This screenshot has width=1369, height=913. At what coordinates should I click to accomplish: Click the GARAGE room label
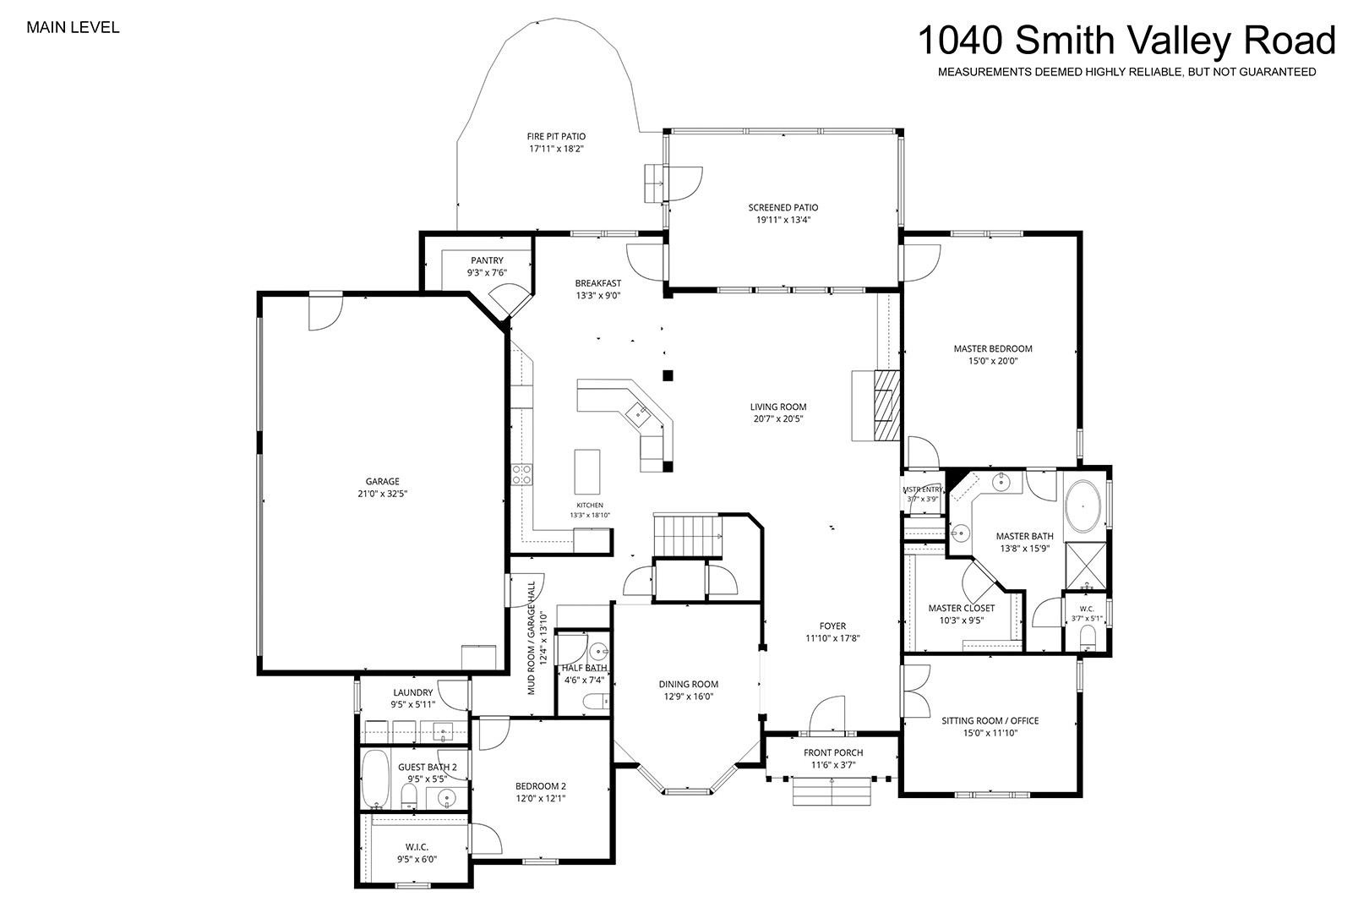(383, 481)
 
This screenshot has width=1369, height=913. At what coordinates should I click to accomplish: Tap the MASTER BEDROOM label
(993, 348)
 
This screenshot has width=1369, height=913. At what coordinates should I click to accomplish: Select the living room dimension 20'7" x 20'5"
(778, 419)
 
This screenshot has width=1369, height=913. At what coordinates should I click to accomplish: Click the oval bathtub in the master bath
(1083, 507)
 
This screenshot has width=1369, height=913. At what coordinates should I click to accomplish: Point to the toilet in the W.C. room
(1088, 640)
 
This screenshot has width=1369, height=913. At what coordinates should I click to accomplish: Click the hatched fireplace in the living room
(886, 406)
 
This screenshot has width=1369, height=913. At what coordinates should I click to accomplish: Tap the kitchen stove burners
(521, 474)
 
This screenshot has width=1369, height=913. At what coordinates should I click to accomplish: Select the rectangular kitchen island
(586, 472)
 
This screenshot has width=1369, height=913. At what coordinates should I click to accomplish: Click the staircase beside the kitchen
(688, 535)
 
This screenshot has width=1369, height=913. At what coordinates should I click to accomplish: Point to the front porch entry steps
(832, 791)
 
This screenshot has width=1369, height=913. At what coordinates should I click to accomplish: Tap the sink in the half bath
(597, 652)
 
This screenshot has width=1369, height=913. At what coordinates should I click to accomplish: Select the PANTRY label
(487, 260)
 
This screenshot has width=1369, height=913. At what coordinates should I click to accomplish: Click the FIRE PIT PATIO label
(556, 136)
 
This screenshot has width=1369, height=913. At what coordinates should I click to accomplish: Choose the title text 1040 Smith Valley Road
(1126, 41)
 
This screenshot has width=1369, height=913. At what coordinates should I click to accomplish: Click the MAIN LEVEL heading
(73, 28)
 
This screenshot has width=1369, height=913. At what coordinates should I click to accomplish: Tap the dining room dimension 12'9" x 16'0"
(689, 697)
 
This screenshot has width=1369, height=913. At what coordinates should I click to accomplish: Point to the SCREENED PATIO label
(783, 207)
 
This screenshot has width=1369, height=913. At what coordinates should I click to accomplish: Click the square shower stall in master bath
(1085, 566)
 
